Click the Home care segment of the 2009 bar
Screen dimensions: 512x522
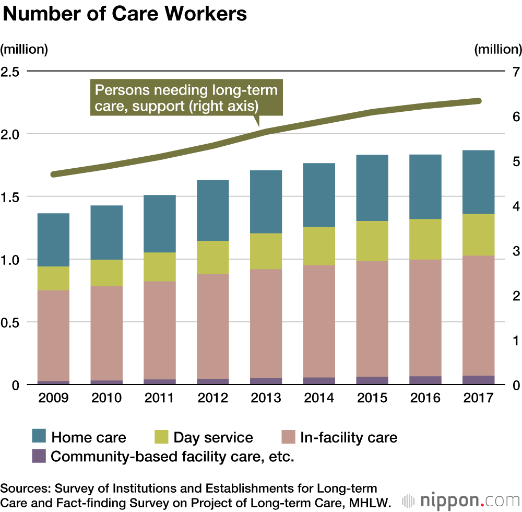[53, 240]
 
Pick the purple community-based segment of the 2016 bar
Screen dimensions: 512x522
[425, 380]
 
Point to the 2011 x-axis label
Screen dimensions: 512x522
[159, 398]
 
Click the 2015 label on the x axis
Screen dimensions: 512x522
[372, 398]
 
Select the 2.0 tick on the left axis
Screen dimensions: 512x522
[11, 134]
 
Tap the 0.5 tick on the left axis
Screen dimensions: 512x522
[11, 322]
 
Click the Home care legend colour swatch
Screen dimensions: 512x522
[40, 437]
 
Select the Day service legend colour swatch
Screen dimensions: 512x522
[162, 437]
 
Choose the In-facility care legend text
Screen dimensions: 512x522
[348, 437]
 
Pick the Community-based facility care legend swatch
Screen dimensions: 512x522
[40, 456]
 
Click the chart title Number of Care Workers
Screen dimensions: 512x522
[125, 14]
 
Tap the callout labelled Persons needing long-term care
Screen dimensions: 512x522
[186, 98]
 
